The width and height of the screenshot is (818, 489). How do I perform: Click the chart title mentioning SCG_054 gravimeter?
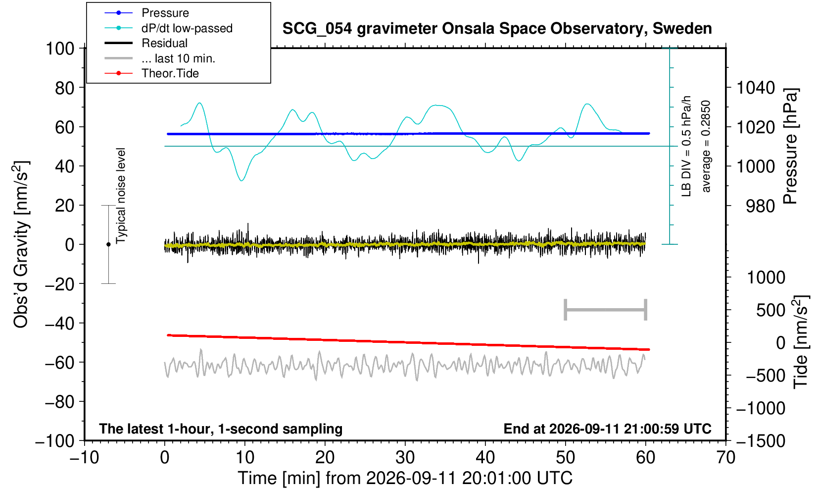497,29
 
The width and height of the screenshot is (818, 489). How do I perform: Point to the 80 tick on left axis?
65,88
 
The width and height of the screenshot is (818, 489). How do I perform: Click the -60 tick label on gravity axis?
60,363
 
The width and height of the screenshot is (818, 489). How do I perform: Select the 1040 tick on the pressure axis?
756,88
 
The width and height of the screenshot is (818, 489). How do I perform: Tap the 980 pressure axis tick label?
760,206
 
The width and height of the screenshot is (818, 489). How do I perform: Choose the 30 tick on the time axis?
405,458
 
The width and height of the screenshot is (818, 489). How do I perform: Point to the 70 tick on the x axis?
725,458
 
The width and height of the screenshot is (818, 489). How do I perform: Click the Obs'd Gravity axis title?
21,244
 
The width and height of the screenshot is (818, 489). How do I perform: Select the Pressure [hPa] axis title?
790,146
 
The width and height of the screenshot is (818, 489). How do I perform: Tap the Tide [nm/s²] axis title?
801,342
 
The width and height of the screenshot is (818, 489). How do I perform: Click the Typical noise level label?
121,196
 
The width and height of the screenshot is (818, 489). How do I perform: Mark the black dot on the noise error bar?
108,244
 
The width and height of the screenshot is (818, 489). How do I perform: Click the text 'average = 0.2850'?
706,146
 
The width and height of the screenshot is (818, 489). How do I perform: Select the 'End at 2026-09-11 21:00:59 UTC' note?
607,429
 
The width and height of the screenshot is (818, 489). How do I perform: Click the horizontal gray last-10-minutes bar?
606,310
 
